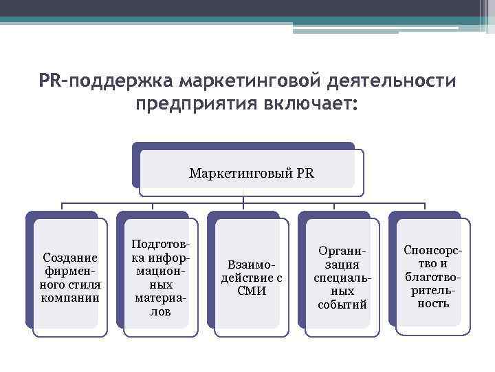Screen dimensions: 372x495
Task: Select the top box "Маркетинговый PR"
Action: click(x=251, y=173)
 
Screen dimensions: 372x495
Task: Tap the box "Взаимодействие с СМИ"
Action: click(x=251, y=278)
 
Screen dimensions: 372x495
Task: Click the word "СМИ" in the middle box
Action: click(x=251, y=290)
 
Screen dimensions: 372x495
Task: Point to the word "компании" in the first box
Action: click(x=70, y=298)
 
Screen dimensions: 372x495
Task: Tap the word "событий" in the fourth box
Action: click(x=342, y=304)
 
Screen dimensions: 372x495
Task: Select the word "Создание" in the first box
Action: click(x=70, y=256)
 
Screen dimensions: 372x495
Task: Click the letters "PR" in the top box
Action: click(x=305, y=173)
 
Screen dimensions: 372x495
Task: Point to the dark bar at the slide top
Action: click(x=247, y=8)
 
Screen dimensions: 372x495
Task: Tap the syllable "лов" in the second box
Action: click(x=160, y=312)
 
